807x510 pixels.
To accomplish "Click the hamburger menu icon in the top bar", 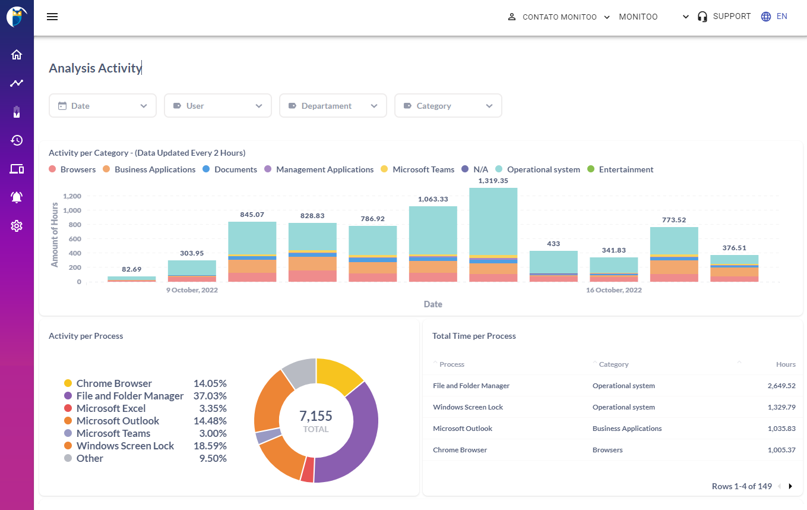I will (x=52, y=17).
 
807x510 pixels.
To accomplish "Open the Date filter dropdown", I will (x=102, y=106).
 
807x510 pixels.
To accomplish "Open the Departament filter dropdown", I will (x=333, y=106).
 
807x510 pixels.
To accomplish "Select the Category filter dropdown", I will (x=448, y=106).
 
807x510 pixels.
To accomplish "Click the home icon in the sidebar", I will (x=17, y=55).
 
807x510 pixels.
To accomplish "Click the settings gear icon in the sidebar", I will (x=17, y=226).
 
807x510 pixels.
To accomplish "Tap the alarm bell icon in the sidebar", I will (x=17, y=197).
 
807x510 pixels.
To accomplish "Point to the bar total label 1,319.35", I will (x=493, y=180).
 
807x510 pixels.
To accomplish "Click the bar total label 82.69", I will (x=131, y=269).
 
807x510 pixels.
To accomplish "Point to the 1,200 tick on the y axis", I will (x=71, y=196).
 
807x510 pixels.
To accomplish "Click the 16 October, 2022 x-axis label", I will (x=613, y=290).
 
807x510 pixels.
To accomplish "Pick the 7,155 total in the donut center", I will (x=315, y=416).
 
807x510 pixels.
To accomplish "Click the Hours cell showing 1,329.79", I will (x=781, y=407).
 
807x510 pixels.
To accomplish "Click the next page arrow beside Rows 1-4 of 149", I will (x=790, y=486).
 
